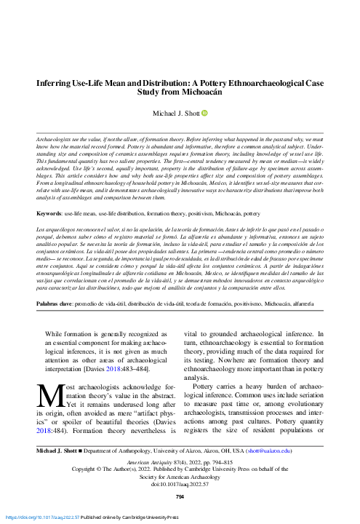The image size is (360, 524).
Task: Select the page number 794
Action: click(180, 497)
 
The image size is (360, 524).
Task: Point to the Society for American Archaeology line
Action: click(180, 477)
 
